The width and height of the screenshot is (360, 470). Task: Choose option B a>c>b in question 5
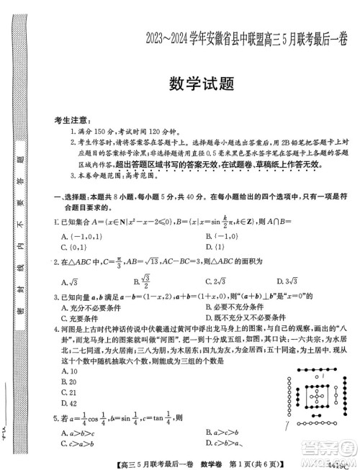click(220, 434)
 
